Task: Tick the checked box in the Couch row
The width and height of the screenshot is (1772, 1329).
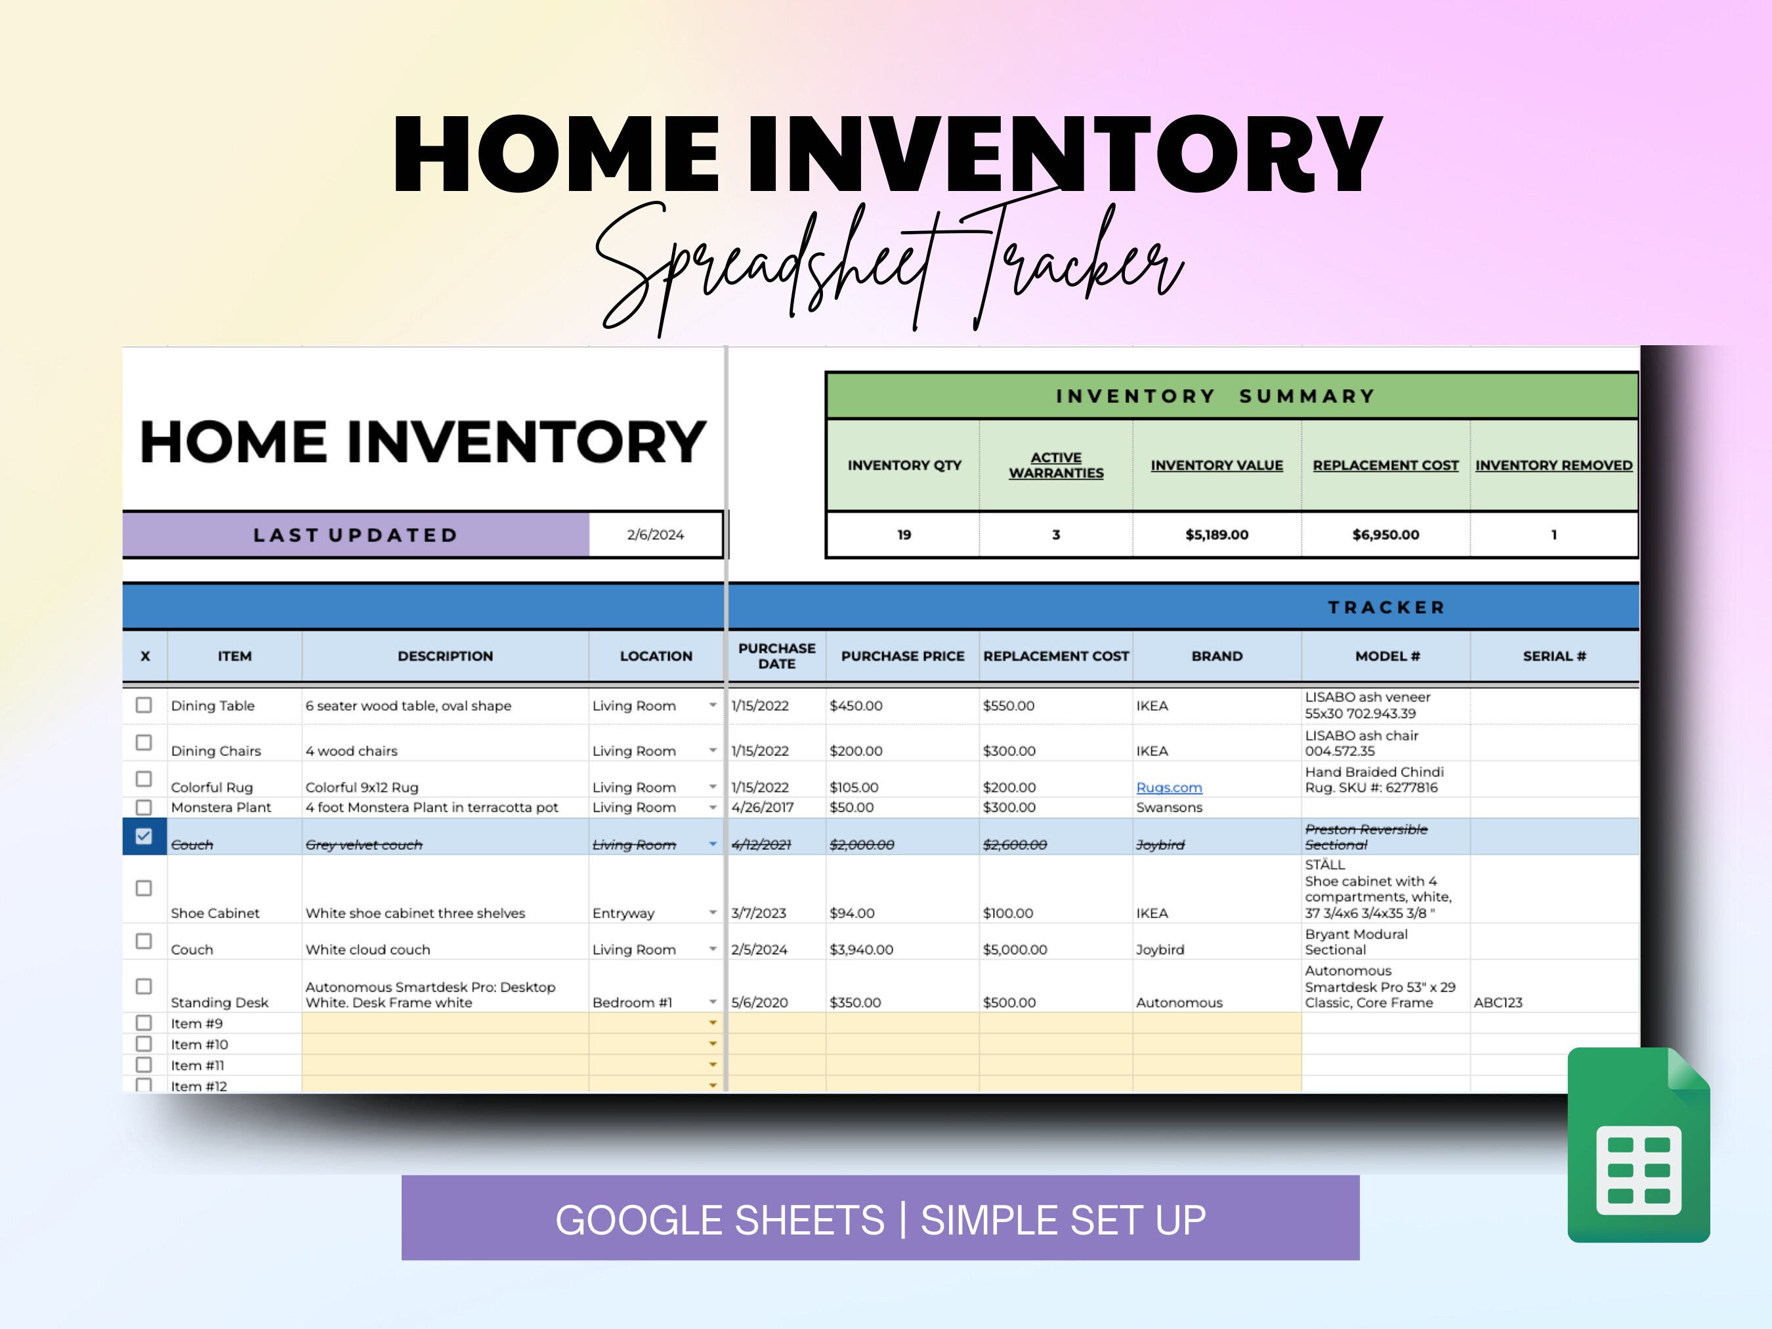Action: (x=143, y=836)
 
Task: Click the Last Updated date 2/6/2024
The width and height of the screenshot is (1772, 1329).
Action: (x=655, y=534)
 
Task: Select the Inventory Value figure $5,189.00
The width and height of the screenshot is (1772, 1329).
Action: (x=1216, y=534)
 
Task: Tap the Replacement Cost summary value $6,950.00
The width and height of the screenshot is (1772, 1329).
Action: (x=1385, y=534)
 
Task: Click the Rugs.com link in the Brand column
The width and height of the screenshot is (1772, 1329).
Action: (x=1169, y=788)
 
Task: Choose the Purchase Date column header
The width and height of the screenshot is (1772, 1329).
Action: (x=776, y=655)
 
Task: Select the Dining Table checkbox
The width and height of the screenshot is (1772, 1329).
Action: (x=143, y=705)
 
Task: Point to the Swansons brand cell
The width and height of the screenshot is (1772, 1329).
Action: (x=1169, y=807)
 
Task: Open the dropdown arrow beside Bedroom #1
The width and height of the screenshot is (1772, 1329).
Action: (x=712, y=1002)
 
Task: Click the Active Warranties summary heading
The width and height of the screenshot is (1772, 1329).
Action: (x=1056, y=465)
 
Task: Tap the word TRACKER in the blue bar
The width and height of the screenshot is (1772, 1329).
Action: (x=1387, y=607)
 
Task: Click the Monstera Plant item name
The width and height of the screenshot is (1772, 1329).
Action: (x=221, y=807)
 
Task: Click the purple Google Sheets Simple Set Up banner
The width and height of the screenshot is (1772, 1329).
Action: (x=879, y=1217)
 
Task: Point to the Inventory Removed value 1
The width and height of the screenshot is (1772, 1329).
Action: (x=1553, y=534)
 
